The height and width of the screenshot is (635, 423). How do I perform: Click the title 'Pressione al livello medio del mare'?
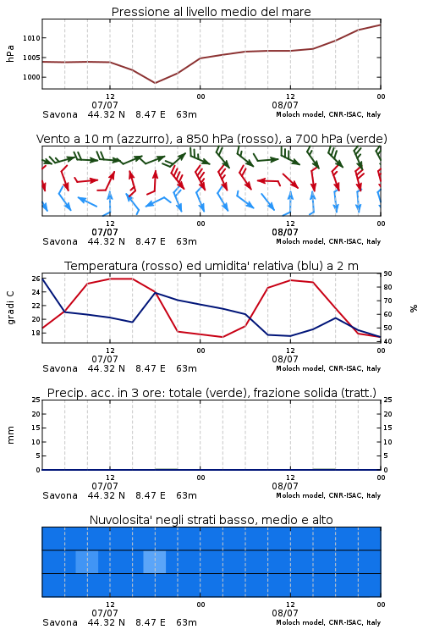click(x=211, y=12)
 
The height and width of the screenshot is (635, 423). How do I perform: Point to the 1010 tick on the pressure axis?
click(x=31, y=38)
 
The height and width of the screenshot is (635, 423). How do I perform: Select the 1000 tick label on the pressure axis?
click(x=31, y=77)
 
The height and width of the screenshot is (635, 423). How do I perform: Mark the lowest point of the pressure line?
click(x=155, y=83)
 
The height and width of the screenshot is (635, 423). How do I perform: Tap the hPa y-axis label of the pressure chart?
click(x=10, y=53)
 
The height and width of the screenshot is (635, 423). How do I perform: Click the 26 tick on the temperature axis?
click(x=36, y=279)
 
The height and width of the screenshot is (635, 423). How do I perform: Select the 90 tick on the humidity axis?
click(x=387, y=273)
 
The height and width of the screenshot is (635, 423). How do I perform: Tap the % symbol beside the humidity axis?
click(x=414, y=308)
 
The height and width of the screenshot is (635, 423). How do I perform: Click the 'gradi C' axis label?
click(x=11, y=307)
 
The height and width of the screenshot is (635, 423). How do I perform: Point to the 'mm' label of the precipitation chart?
click(x=10, y=435)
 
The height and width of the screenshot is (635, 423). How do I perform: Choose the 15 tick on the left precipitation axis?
click(x=36, y=428)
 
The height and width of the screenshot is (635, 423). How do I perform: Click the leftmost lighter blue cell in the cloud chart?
click(x=86, y=561)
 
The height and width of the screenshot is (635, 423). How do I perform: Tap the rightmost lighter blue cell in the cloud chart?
click(x=154, y=561)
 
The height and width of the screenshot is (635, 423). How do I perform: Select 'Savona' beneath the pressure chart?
click(x=60, y=114)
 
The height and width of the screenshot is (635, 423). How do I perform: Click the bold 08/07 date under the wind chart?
click(x=285, y=233)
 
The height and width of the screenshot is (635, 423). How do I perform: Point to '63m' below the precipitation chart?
click(x=187, y=495)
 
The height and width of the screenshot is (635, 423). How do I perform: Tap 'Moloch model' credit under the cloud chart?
click(x=300, y=622)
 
